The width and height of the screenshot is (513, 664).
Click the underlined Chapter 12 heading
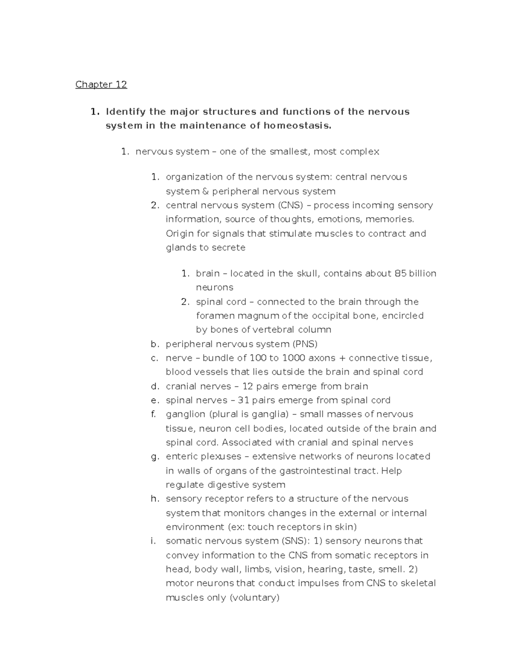[101, 84]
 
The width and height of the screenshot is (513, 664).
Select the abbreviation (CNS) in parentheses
[291, 205]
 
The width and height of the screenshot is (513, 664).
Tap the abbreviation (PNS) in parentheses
[305, 344]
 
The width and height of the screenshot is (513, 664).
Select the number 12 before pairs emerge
[248, 387]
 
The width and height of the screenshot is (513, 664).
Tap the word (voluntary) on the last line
[255, 598]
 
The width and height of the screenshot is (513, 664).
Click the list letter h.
[155, 499]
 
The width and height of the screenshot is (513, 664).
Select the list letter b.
[155, 344]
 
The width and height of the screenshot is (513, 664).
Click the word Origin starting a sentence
[180, 234]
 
